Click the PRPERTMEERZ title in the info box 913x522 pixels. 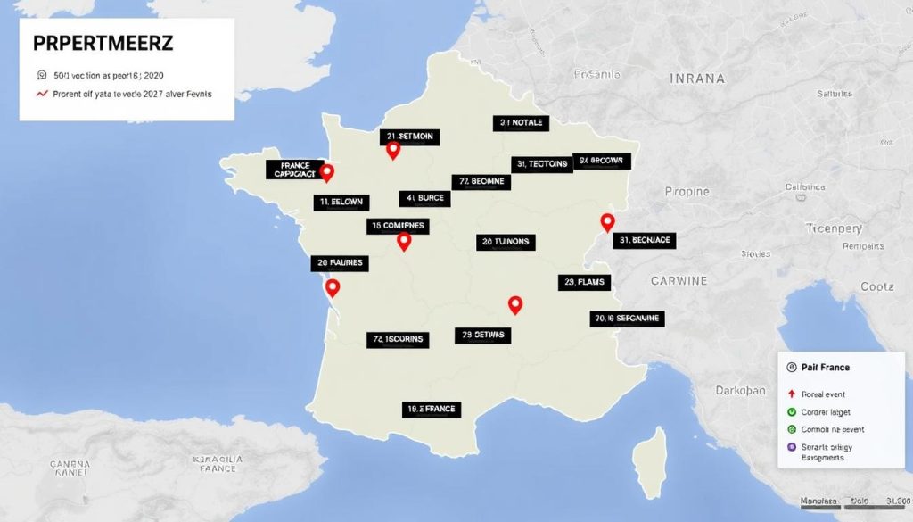[x=103, y=44]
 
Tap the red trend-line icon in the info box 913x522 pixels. [x=41, y=94]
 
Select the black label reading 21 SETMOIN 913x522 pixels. [x=410, y=137]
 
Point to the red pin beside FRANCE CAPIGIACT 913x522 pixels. [x=326, y=172]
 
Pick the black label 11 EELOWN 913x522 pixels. [x=341, y=203]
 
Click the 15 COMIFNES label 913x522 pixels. [x=397, y=227]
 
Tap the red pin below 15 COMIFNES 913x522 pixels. [x=404, y=241]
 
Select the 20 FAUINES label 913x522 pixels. [x=339, y=263]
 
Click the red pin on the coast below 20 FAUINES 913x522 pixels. [x=333, y=287]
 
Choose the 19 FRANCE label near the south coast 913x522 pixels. [x=431, y=409]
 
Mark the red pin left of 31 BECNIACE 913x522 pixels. [x=607, y=222]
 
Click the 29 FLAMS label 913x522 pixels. [x=585, y=283]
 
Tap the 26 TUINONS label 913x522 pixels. [x=506, y=242]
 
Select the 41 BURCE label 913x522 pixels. [x=424, y=198]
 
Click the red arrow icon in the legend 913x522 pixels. [x=791, y=394]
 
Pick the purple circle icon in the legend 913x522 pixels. [x=791, y=446]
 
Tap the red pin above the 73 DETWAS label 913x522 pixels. [x=514, y=304]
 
